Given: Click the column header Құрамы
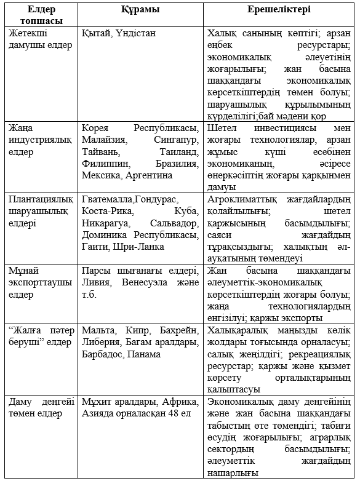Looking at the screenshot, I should (140, 10).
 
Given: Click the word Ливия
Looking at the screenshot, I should (95, 282).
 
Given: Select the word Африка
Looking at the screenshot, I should (181, 401).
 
